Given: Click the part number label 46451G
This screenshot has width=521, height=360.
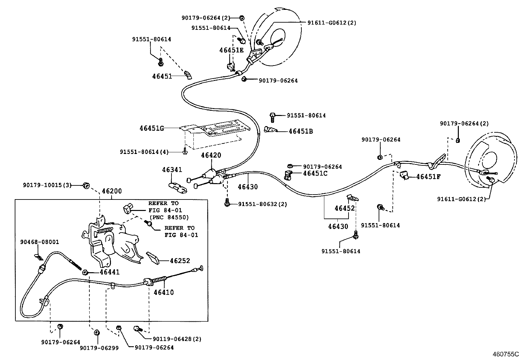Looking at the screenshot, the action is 152,128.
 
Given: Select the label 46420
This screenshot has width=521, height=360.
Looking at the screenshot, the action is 211,155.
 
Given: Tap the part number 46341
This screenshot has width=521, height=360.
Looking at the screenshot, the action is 172,170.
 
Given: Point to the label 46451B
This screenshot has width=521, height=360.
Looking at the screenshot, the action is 301,131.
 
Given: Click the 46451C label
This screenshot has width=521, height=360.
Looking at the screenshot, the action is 315,173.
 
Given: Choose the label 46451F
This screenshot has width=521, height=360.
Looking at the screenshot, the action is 428,177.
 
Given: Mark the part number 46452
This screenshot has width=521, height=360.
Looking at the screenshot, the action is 345,208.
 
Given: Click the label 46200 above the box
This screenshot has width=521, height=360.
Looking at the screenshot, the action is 112,191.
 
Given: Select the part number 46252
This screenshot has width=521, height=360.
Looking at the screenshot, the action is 180,260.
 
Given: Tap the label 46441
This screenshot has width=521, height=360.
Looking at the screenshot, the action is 110,272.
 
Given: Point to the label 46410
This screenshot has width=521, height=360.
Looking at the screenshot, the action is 164,292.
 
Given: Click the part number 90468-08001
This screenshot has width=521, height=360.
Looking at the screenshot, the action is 40,242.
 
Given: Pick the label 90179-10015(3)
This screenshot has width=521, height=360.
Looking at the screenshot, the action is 47,185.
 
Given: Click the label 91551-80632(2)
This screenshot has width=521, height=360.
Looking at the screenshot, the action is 262,204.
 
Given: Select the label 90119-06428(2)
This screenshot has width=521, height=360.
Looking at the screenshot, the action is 177,339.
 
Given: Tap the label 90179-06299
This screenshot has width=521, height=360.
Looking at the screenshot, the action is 99,348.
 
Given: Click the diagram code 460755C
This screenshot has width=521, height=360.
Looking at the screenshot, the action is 506,354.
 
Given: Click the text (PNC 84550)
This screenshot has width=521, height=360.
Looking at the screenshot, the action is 169,217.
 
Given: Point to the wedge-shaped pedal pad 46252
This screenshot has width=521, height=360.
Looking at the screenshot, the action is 153,258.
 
